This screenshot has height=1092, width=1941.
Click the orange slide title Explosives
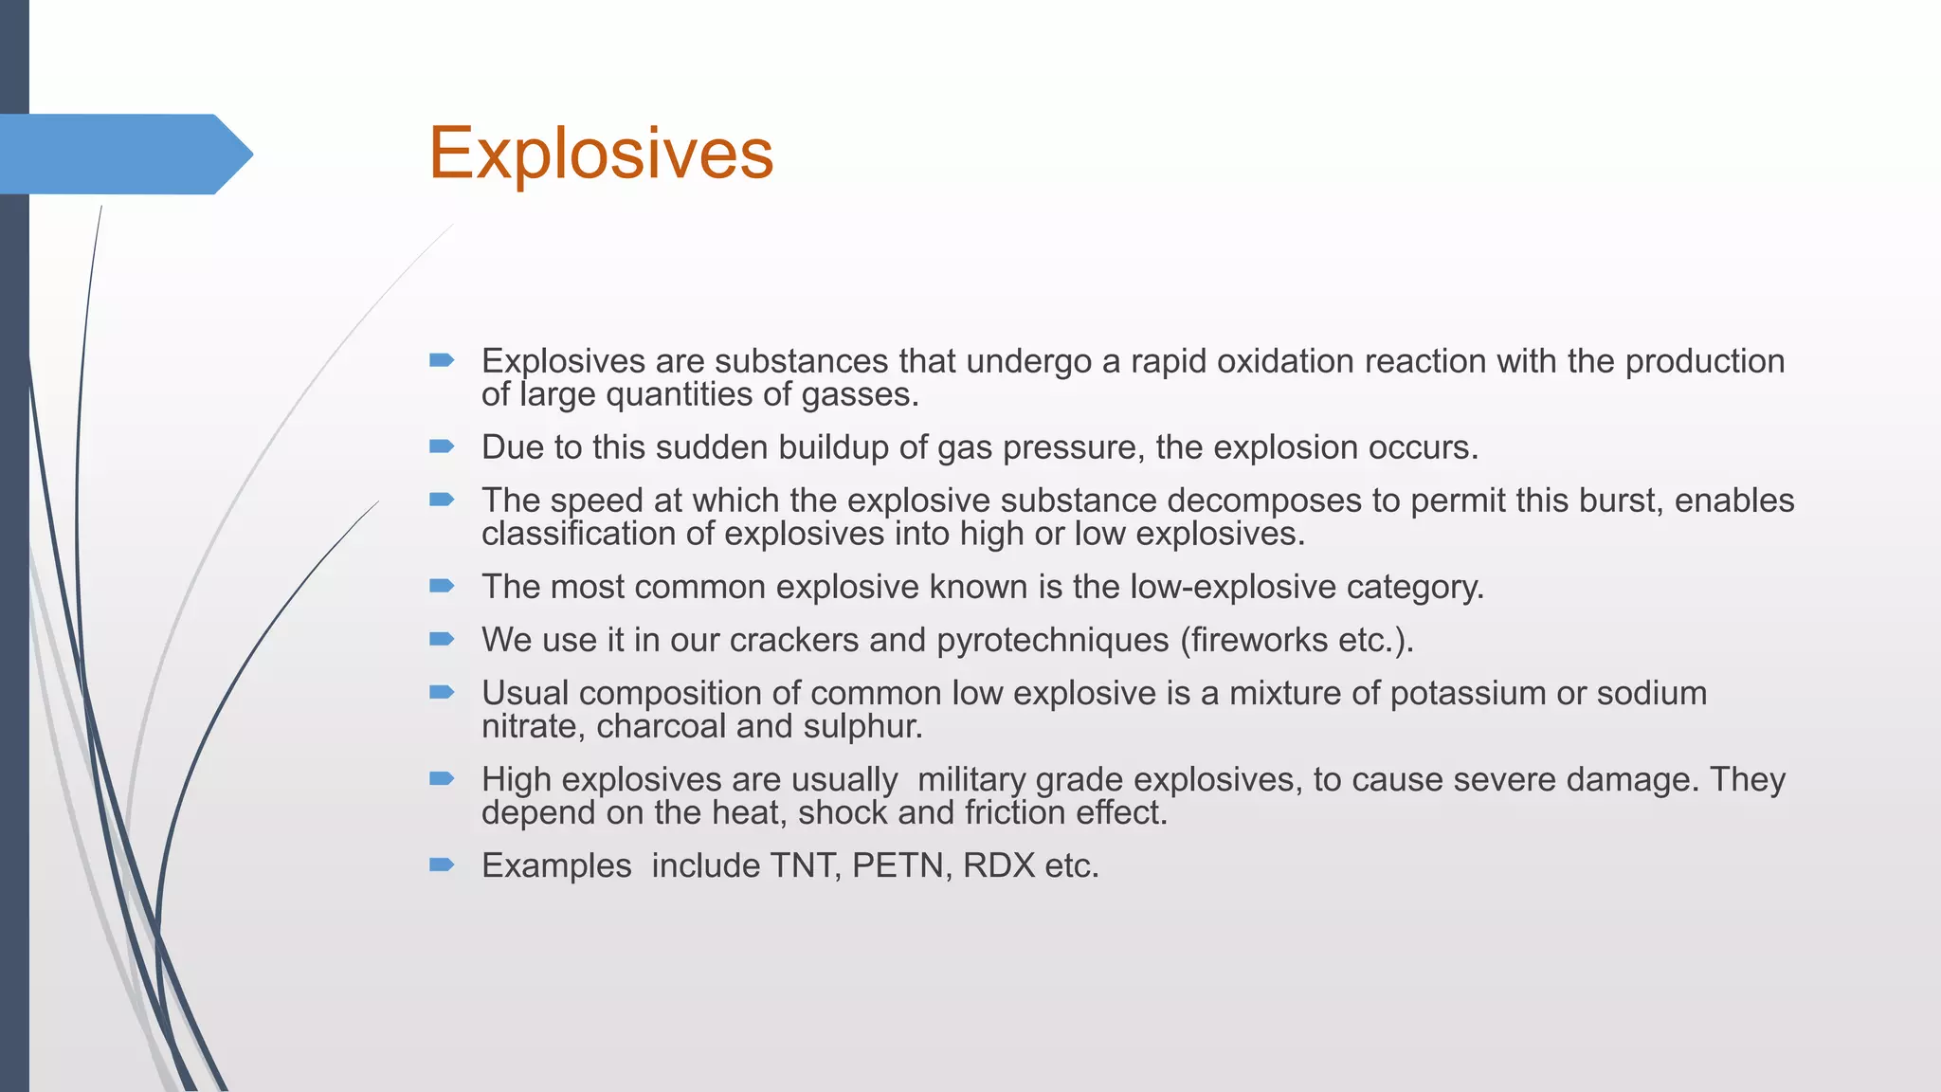pyautogui.click(x=601, y=154)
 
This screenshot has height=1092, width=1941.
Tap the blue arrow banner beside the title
pyautogui.click(x=123, y=155)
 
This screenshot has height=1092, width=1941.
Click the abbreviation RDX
pyautogui.click(x=998, y=865)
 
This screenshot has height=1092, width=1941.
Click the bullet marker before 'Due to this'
pyautogui.click(x=442, y=446)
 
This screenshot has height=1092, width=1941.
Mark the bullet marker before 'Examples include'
pyautogui.click(x=442, y=864)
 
